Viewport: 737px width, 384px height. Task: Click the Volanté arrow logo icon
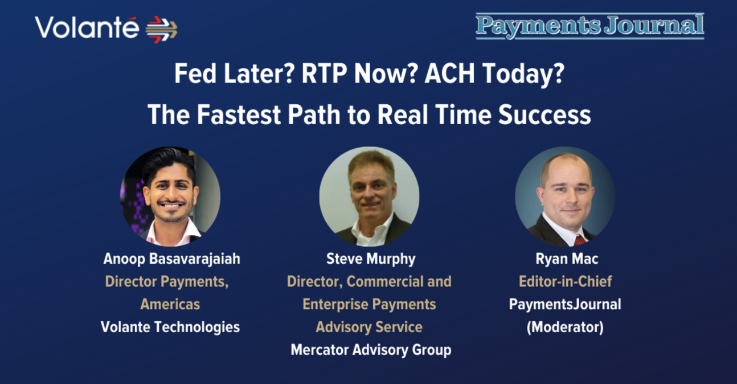pyautogui.click(x=161, y=30)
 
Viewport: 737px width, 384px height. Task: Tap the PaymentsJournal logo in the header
pyautogui.click(x=589, y=26)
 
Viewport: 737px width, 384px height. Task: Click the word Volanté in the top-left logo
pyautogui.click(x=87, y=28)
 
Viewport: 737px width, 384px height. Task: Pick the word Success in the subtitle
pyautogui.click(x=544, y=115)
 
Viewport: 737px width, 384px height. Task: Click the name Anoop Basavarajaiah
pyautogui.click(x=172, y=259)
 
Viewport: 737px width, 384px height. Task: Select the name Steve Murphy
pyautogui.click(x=371, y=259)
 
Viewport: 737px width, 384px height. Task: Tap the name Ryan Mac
pyautogui.click(x=567, y=259)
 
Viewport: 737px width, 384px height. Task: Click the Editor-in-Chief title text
pyautogui.click(x=565, y=281)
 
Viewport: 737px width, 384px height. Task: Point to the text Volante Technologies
pyautogui.click(x=170, y=327)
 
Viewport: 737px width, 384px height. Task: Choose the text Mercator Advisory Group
pyautogui.click(x=371, y=350)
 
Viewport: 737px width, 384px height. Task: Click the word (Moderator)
pyautogui.click(x=565, y=327)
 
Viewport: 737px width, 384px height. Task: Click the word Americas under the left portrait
pyautogui.click(x=170, y=304)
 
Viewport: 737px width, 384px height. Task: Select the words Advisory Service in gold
pyautogui.click(x=369, y=327)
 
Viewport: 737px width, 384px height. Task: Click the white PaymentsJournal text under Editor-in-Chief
pyautogui.click(x=565, y=304)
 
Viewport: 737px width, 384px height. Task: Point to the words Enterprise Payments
pyautogui.click(x=369, y=304)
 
